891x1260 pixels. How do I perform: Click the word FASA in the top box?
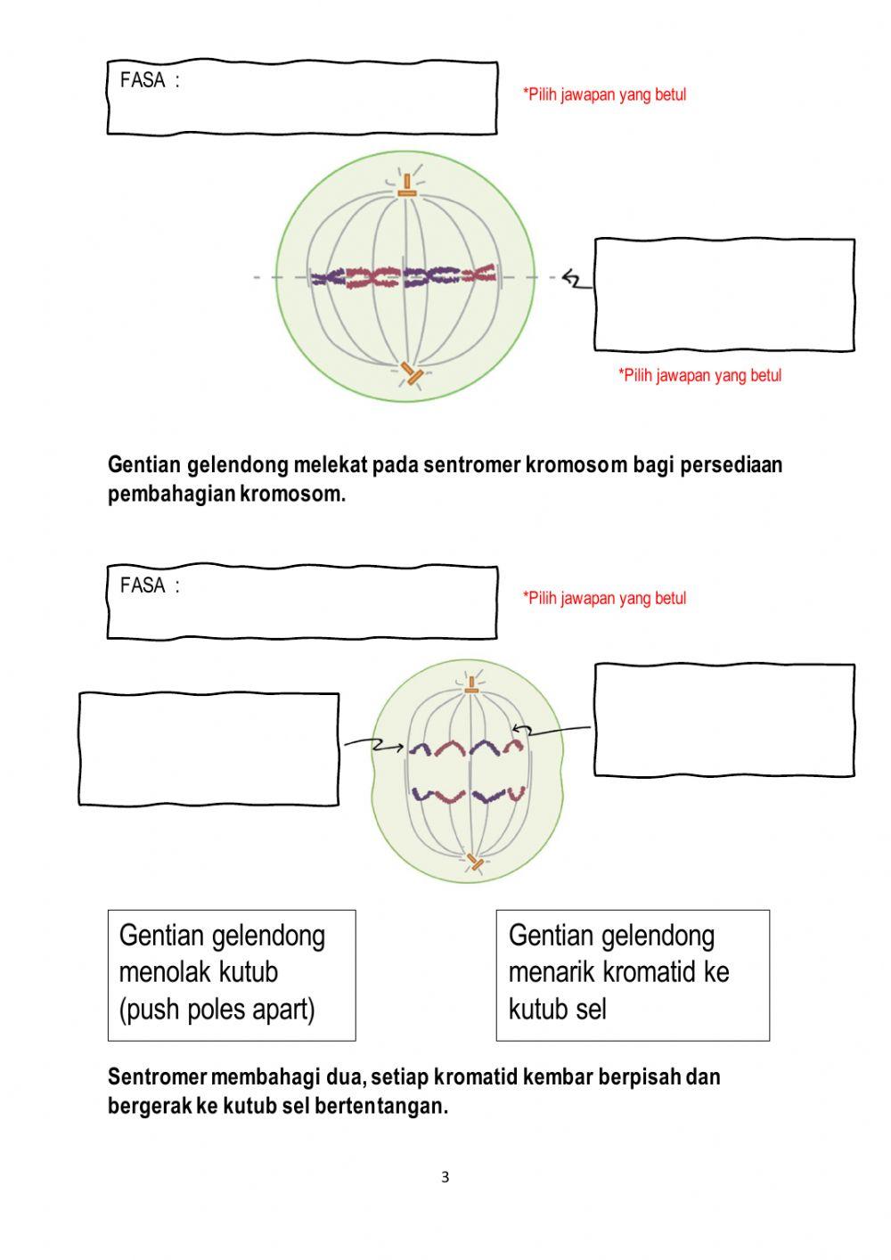pyautogui.click(x=143, y=80)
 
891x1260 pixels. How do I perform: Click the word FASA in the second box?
pyautogui.click(x=143, y=585)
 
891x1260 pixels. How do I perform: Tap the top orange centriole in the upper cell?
pyautogui.click(x=406, y=187)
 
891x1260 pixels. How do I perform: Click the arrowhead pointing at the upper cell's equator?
pyautogui.click(x=570, y=280)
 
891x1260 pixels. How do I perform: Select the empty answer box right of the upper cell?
pyautogui.click(x=724, y=294)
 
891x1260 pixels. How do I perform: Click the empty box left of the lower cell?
pyautogui.click(x=208, y=749)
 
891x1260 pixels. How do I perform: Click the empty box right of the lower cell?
pyautogui.click(x=724, y=719)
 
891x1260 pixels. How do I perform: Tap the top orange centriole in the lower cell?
pyautogui.click(x=470, y=685)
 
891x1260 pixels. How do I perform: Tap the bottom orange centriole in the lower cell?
pyautogui.click(x=475, y=862)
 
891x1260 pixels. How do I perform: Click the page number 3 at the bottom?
pyautogui.click(x=445, y=1177)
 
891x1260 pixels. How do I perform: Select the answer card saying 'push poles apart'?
pyautogui.click(x=232, y=974)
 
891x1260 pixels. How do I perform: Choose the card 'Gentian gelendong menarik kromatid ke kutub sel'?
pyautogui.click(x=632, y=974)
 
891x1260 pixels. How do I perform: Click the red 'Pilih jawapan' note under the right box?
pyautogui.click(x=699, y=375)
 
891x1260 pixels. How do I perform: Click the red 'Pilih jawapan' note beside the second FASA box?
pyautogui.click(x=604, y=598)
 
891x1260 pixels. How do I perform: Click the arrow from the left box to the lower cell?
pyautogui.click(x=374, y=744)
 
